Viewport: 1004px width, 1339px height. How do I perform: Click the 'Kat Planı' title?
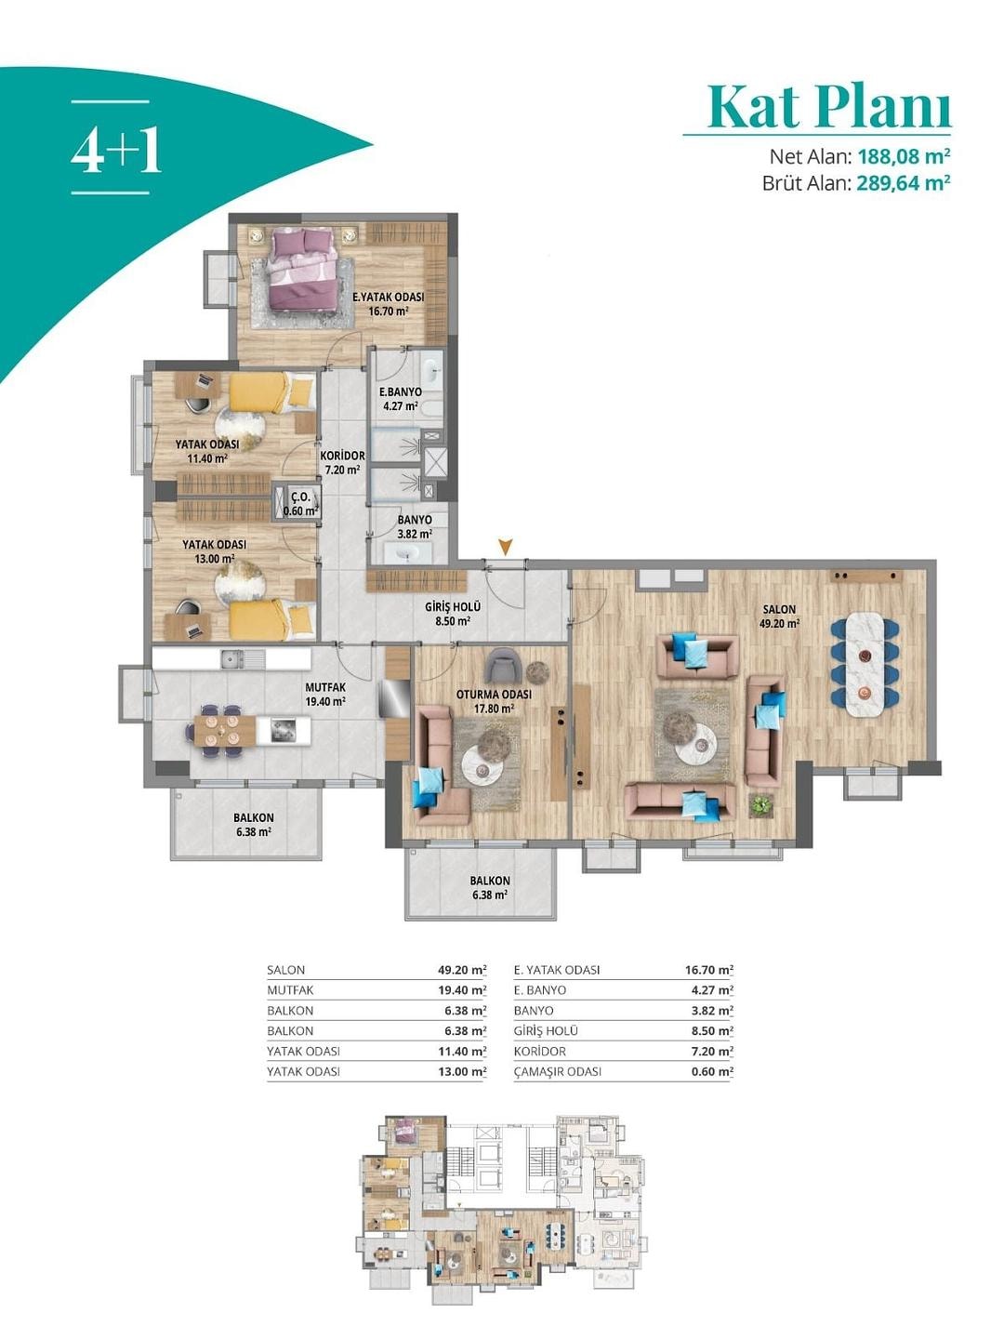(x=829, y=109)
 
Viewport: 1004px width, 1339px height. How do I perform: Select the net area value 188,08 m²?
(x=905, y=157)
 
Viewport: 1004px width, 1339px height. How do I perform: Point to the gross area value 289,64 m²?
(x=904, y=182)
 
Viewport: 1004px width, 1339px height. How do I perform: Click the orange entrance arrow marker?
(x=506, y=546)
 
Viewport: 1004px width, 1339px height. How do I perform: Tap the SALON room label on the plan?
(x=779, y=609)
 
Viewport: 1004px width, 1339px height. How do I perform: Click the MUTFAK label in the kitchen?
(x=325, y=687)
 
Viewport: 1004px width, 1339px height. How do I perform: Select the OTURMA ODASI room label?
(x=494, y=695)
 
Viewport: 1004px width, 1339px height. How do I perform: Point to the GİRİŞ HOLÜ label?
(x=453, y=607)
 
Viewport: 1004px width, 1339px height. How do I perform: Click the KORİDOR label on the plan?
(x=343, y=456)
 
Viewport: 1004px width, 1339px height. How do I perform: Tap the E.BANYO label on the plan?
(x=400, y=391)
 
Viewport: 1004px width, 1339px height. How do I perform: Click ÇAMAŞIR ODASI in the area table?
(x=557, y=1072)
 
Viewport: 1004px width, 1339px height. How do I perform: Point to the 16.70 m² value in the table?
(x=709, y=970)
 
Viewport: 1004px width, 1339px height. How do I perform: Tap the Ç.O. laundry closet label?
(x=301, y=497)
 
